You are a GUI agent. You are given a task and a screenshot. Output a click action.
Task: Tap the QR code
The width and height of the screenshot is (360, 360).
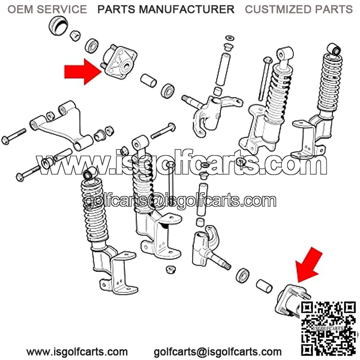click(329, 328)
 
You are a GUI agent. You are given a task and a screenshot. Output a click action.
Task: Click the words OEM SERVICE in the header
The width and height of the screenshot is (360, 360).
click(47, 9)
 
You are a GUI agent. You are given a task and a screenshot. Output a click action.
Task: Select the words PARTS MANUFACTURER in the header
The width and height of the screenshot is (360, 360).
click(166, 9)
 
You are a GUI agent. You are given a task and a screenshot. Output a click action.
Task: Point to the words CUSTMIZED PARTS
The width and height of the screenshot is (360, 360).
click(299, 9)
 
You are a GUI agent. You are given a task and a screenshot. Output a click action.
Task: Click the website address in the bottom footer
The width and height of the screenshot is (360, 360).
click(77, 351)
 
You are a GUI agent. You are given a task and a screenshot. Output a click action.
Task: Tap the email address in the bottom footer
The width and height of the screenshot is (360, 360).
click(218, 351)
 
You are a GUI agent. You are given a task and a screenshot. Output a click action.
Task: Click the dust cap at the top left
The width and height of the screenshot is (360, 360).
click(58, 26)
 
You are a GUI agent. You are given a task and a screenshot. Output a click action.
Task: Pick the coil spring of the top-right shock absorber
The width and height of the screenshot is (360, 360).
click(330, 83)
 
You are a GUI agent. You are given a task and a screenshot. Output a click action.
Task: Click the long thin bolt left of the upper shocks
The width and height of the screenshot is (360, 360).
click(265, 79)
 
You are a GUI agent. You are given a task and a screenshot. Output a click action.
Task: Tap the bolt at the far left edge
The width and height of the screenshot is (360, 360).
click(13, 136)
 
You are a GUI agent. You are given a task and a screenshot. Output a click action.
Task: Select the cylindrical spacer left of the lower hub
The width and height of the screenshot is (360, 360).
click(264, 286)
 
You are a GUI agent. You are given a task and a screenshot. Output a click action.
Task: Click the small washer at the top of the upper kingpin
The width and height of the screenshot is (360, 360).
click(229, 38)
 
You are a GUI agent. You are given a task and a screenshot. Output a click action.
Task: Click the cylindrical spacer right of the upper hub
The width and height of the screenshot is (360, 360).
click(148, 81)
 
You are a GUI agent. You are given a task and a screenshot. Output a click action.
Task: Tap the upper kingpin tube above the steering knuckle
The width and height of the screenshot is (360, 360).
click(222, 69)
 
